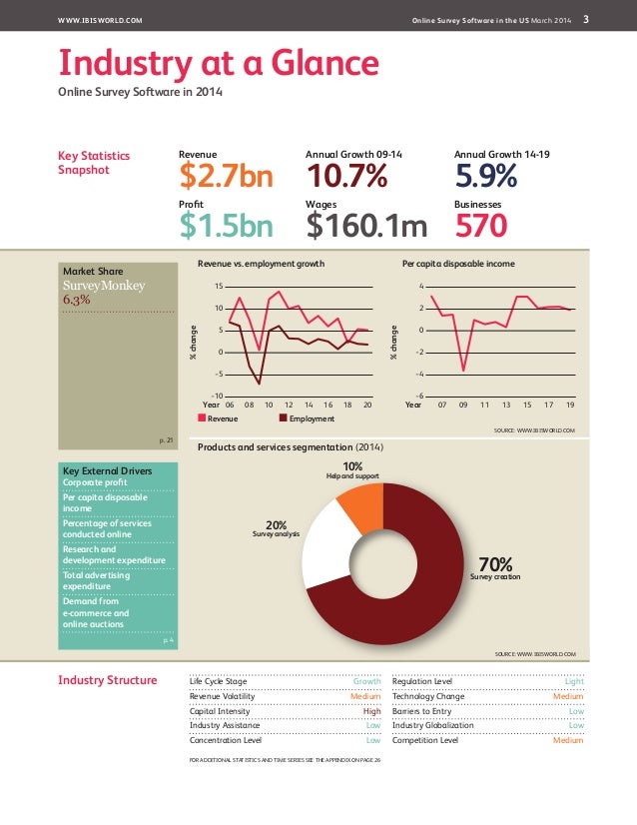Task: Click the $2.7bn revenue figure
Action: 225,177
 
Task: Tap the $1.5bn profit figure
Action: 225,227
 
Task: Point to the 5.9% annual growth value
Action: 485,177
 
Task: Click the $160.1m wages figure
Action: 366,227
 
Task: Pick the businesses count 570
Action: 481,227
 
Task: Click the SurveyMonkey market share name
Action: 104,285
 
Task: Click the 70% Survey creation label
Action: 494,566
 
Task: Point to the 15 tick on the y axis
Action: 219,287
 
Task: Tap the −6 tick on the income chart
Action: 419,397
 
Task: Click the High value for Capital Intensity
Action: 371,711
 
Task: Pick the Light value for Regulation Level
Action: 574,681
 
